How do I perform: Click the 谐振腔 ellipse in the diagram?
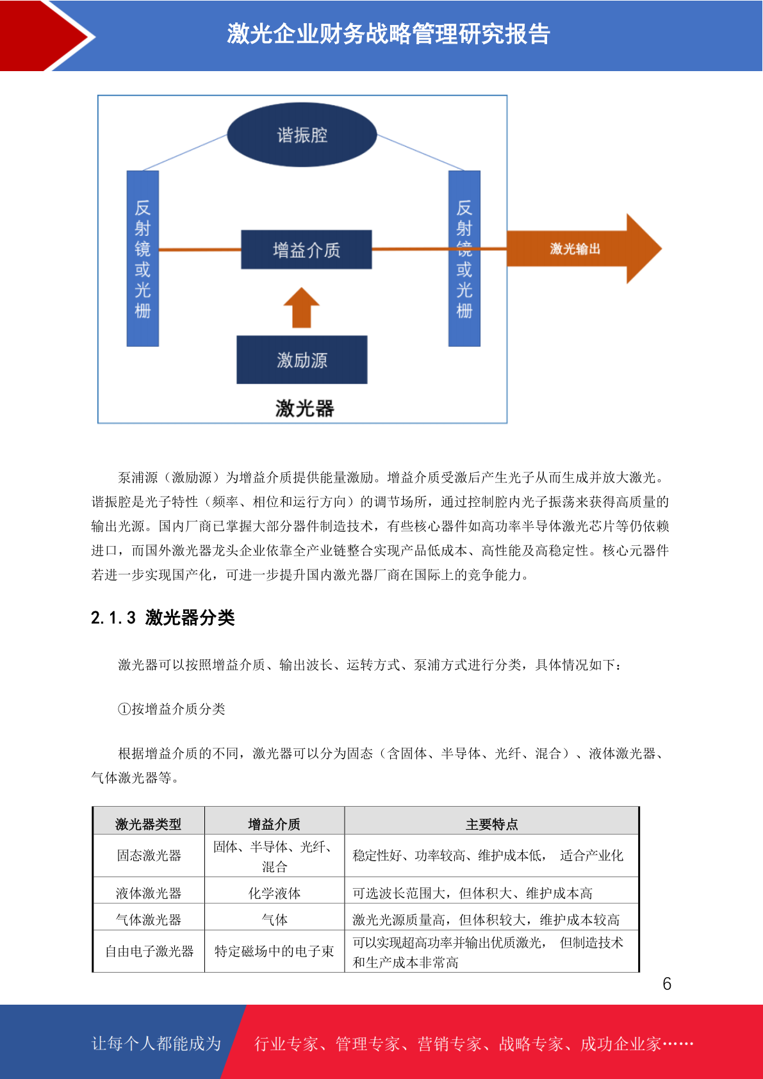(302, 135)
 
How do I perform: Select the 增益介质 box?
(306, 249)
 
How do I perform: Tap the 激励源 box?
(302, 359)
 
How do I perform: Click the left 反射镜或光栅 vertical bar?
(143, 258)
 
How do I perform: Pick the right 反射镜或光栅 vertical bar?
(464, 258)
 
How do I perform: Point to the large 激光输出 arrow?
(584, 249)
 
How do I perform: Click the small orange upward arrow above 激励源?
(302, 308)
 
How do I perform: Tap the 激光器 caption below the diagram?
(304, 409)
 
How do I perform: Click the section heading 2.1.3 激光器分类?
(163, 618)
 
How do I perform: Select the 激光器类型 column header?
(149, 824)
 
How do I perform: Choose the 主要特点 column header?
(492, 824)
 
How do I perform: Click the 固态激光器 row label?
(149, 855)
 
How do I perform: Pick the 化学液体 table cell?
(275, 894)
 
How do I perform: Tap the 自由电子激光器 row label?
(149, 951)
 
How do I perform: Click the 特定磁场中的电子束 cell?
(274, 951)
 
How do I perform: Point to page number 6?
(667, 984)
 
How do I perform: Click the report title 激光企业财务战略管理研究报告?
(389, 34)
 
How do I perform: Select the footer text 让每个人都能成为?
(156, 1043)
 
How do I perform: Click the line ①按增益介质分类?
(172, 709)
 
